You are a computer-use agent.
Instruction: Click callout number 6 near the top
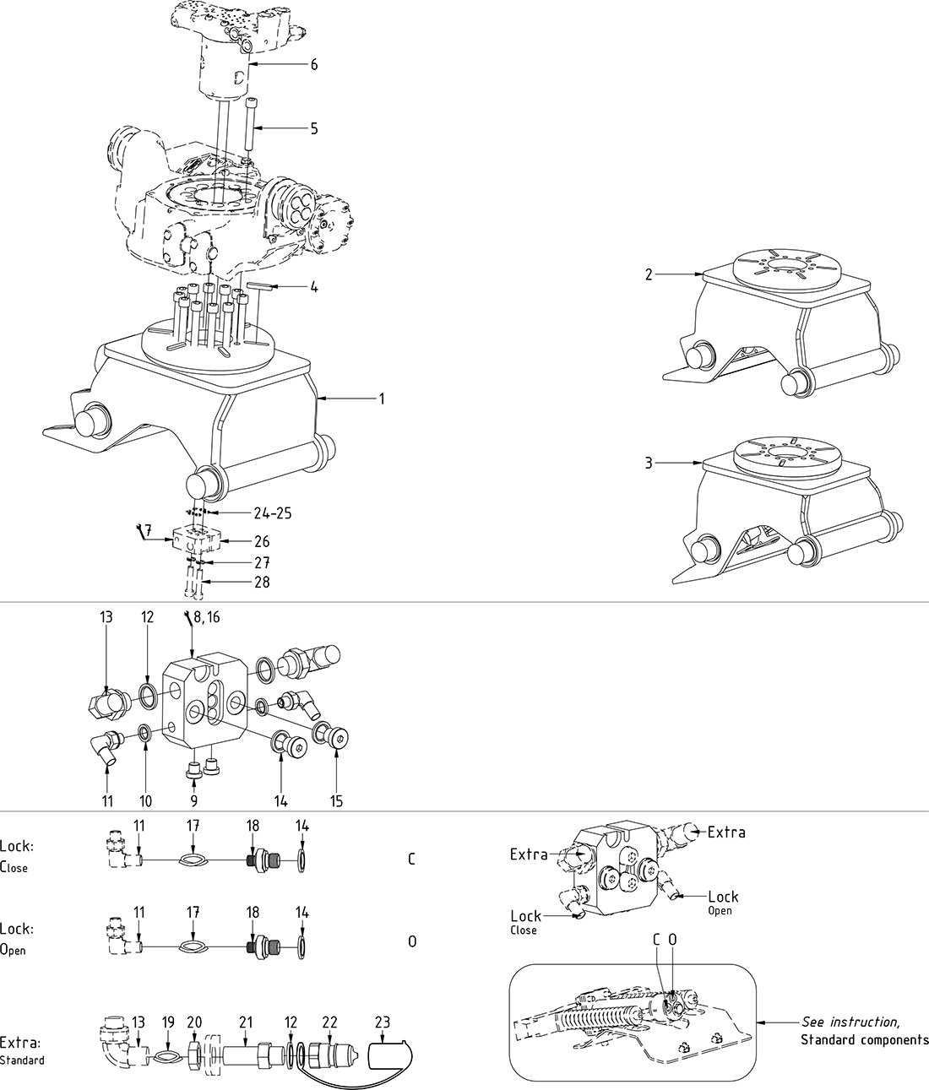pos(314,65)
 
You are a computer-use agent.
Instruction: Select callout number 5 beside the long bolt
pos(314,128)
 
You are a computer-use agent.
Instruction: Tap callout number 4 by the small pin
pos(314,287)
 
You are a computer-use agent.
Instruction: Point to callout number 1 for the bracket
pos(382,398)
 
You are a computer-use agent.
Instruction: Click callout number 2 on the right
pos(649,274)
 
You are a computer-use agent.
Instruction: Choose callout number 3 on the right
pos(649,463)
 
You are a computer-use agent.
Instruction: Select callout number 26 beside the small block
pos(262,541)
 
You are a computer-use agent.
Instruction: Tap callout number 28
pos(262,582)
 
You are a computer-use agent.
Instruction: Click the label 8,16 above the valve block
pos(205,618)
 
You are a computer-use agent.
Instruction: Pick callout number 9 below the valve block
pos(193,800)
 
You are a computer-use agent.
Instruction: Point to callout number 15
pos(336,800)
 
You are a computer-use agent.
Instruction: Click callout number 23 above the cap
pos(383,1022)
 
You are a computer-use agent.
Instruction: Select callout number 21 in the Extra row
pos(246,1022)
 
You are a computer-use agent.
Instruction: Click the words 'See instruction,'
pos(850,1022)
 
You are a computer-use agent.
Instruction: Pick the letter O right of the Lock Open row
pos(412,941)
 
